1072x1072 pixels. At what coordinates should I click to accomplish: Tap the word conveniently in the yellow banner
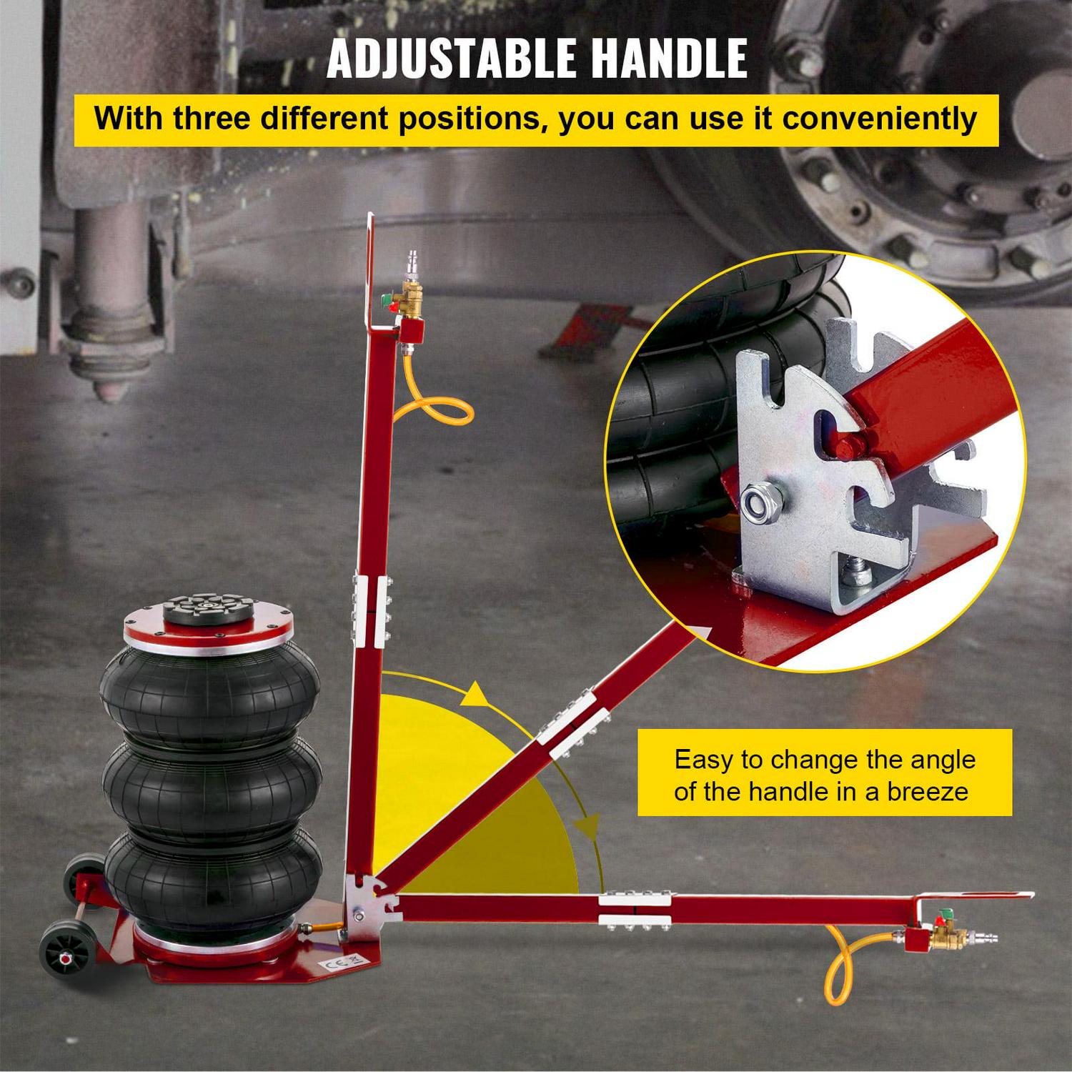(880, 119)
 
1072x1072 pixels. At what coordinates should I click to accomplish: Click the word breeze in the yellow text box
(928, 792)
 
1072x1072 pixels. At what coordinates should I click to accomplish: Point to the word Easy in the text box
(703, 760)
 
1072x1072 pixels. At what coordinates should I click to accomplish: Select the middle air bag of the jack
(212, 786)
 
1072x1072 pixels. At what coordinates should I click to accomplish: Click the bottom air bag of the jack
(213, 879)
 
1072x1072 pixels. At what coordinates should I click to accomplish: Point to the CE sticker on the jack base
(343, 963)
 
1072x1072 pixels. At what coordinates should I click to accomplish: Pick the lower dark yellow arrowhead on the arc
(590, 827)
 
